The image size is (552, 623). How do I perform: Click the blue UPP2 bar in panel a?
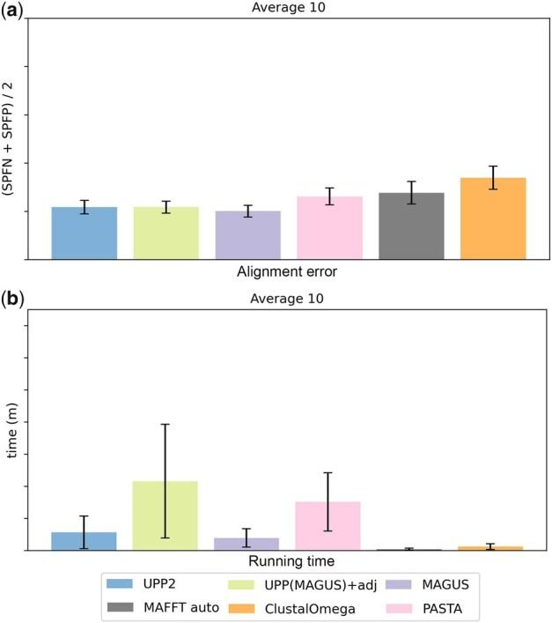(84, 234)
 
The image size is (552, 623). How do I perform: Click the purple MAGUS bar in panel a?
(247, 235)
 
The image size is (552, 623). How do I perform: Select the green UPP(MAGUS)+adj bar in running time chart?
(165, 515)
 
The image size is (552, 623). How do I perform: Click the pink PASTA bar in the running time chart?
(328, 526)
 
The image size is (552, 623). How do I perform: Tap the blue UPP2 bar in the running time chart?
(84, 541)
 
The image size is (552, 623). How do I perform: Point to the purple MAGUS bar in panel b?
(247, 544)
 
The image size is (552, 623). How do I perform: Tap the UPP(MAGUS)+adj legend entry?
(277, 583)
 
